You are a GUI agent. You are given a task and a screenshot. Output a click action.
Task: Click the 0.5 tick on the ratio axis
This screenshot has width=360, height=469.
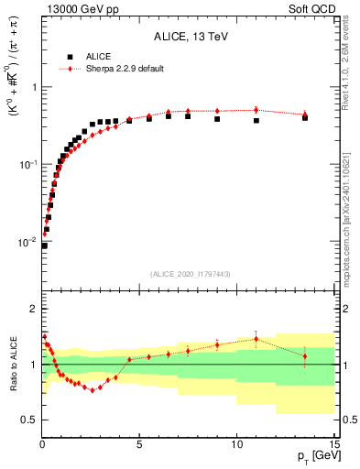pos(28,420)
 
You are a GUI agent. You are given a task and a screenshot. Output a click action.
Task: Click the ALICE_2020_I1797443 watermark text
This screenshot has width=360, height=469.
pos(189,274)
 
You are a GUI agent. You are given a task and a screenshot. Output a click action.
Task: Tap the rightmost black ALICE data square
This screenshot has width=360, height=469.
pos(305,118)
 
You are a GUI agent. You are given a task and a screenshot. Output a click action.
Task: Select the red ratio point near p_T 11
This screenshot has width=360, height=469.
pos(256,339)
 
